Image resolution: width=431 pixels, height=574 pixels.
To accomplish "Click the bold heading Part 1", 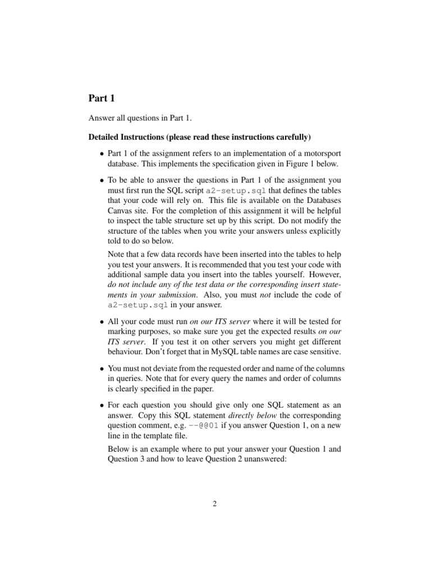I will (102, 99).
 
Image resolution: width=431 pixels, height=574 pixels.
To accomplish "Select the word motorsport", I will (322, 154).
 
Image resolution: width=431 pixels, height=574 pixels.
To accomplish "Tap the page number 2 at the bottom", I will (215, 503).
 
